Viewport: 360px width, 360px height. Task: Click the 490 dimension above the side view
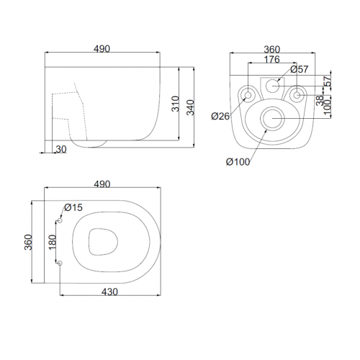pyautogui.click(x=102, y=49)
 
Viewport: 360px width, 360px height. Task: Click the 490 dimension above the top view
pyautogui.click(x=102, y=184)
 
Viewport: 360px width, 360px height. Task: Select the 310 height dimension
pyautogui.click(x=176, y=104)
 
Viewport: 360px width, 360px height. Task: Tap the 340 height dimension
pyautogui.click(x=191, y=107)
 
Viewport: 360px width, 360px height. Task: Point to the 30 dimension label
pyautogui.click(x=61, y=149)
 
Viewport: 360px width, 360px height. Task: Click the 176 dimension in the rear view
pyautogui.click(x=272, y=59)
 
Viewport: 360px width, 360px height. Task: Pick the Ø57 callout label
pyautogui.click(x=300, y=69)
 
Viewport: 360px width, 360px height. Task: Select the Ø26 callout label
pyautogui.click(x=220, y=116)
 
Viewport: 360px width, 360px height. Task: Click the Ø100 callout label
pyautogui.click(x=238, y=162)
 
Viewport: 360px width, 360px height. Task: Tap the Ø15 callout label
pyautogui.click(x=73, y=207)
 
